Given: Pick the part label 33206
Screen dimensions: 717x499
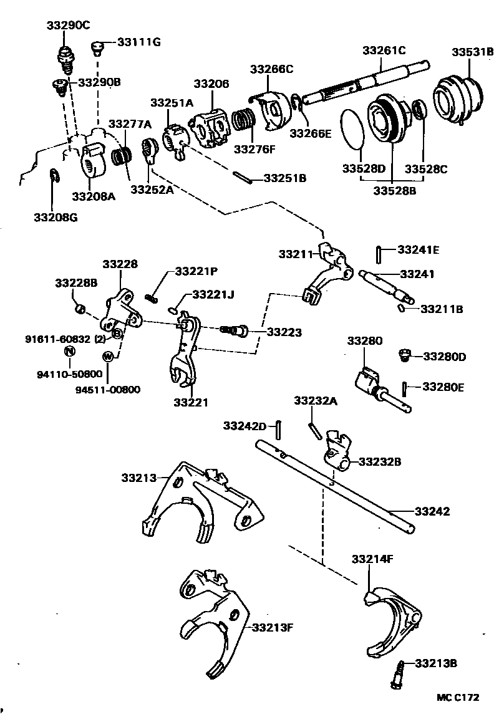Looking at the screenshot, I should point(211,84).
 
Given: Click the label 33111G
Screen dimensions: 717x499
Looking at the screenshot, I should point(137,42).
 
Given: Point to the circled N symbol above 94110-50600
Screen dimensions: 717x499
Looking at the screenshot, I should point(70,350).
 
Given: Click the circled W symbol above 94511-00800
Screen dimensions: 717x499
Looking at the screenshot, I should point(107,357).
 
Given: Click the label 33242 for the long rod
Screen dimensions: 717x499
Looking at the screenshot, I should point(434,511).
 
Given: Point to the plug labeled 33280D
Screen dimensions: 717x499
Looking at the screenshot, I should point(403,355).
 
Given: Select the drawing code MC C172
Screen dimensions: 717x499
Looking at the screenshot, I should point(457,698).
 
